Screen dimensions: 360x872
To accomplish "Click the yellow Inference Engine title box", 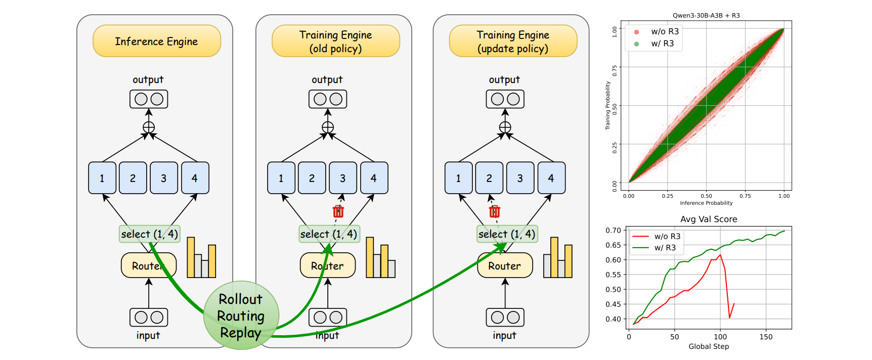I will point(156,41).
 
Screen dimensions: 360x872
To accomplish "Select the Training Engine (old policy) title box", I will point(335,41).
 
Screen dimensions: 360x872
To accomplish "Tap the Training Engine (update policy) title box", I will point(513,41).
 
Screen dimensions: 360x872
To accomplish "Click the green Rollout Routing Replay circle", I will point(241,316).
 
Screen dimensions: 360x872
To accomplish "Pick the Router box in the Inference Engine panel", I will point(148,265).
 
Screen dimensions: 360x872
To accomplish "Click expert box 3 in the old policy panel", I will point(343,178).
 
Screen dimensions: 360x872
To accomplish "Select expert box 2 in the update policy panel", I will point(489,178).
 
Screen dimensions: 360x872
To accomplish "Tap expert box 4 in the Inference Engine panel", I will point(195,178).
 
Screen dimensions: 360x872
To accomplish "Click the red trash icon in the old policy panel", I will point(338,211).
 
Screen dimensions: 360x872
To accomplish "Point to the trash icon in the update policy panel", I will point(495,211).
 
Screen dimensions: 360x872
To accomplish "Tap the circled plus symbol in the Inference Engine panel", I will point(149,127).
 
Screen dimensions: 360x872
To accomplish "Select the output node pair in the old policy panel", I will point(328,99).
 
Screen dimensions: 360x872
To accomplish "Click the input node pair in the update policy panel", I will point(505,318).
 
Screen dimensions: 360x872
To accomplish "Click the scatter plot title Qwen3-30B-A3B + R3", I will point(706,16).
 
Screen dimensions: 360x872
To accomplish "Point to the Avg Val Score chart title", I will point(708,219).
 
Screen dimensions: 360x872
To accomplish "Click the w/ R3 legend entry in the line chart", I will point(658,248).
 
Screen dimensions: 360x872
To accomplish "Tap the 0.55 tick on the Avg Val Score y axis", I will point(613,275).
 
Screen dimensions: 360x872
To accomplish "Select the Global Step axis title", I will point(708,346).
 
